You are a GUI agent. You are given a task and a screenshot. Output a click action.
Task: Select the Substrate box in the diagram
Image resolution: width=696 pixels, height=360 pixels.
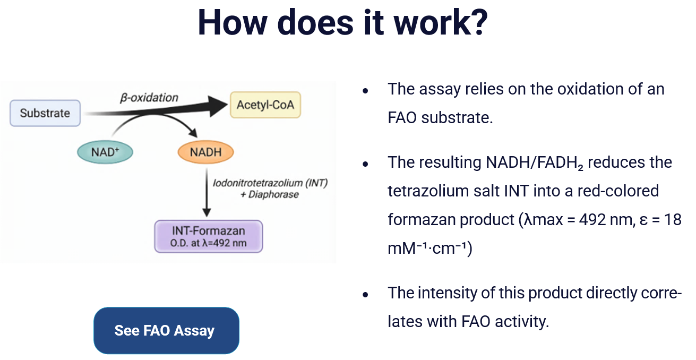(45, 113)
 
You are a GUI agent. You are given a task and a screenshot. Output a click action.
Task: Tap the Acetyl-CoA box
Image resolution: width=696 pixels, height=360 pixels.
(265, 104)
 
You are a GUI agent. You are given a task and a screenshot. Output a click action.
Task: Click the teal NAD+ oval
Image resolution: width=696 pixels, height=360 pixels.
(104, 152)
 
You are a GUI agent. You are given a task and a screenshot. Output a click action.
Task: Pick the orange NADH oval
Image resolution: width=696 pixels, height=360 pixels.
(205, 152)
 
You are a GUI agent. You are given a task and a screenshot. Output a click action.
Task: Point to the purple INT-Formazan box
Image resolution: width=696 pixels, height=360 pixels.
(208, 236)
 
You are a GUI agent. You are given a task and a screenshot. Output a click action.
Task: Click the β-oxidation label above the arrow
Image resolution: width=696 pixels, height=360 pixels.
(149, 98)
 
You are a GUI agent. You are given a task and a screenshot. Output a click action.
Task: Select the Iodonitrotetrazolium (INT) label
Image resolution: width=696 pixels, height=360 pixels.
(270, 183)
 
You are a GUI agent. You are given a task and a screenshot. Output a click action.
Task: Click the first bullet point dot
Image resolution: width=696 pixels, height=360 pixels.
(365, 90)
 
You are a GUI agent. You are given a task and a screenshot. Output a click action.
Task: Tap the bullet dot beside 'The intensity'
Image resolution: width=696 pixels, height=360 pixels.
(365, 294)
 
